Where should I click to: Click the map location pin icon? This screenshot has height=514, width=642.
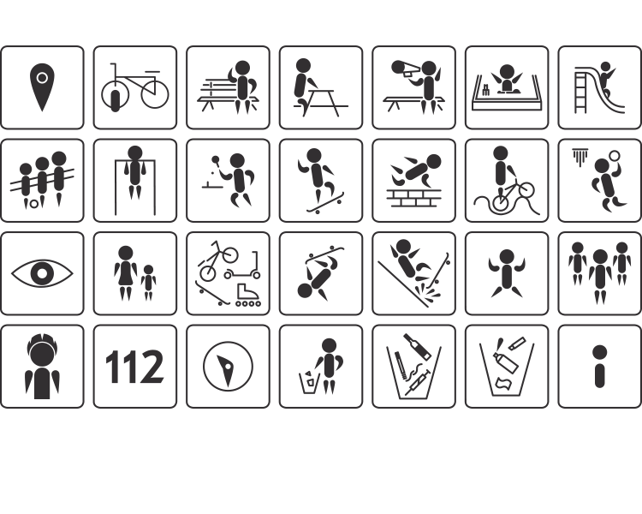[x=42, y=87]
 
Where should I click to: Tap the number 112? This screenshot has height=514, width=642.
[x=134, y=367]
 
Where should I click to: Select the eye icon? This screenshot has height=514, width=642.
[x=42, y=273]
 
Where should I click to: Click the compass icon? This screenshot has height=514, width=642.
[x=228, y=367]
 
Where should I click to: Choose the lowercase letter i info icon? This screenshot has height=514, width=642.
[x=599, y=366]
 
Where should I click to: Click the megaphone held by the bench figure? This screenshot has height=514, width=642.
[x=405, y=69]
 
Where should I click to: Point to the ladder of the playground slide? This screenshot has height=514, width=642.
[x=581, y=90]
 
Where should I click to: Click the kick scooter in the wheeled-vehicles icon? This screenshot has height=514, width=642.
[x=242, y=266]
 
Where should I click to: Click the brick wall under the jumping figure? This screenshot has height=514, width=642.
[x=413, y=198]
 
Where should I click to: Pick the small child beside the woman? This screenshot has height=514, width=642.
[x=148, y=283]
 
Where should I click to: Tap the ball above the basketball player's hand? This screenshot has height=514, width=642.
[x=614, y=156]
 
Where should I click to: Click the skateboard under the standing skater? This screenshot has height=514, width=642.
[x=326, y=204]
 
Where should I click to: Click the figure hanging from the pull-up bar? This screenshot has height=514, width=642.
[x=134, y=172]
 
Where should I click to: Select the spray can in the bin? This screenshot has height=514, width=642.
[x=506, y=362]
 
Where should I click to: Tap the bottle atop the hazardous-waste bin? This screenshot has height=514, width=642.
[x=417, y=347]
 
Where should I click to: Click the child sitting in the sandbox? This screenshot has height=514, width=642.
[x=507, y=79]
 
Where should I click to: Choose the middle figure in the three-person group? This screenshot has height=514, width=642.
[x=600, y=277]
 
